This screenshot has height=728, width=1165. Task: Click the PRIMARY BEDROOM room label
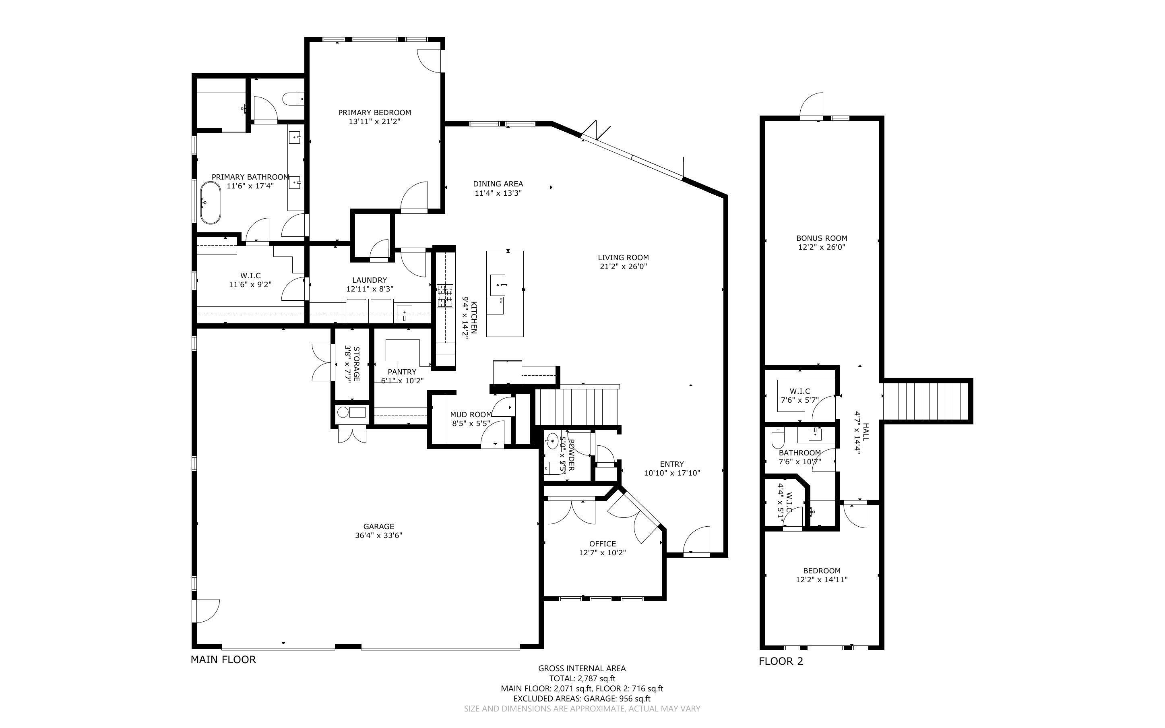[x=374, y=113]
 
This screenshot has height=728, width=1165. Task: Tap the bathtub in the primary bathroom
[x=210, y=203]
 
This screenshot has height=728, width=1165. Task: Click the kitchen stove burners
[x=445, y=296]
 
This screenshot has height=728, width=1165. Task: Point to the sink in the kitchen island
[x=498, y=285]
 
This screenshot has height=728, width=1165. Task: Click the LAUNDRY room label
[x=370, y=280]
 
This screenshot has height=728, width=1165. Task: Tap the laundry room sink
[x=404, y=313]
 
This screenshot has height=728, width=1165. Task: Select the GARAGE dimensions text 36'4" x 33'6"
[x=379, y=535]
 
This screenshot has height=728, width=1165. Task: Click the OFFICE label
[x=603, y=544]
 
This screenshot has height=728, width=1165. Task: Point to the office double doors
[x=571, y=513]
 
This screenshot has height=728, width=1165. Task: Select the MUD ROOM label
[x=471, y=415]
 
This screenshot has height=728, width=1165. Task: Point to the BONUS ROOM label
[x=822, y=238]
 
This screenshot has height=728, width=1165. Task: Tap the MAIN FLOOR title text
[x=223, y=660]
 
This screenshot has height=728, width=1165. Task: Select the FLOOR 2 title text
[x=781, y=662]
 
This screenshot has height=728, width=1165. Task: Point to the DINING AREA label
[x=498, y=184]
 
